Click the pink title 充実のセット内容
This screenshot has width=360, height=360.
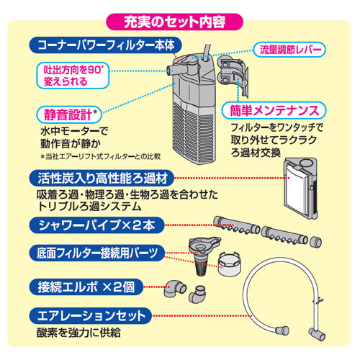pos(174,22)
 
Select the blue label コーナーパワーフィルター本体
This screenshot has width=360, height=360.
pos(106,45)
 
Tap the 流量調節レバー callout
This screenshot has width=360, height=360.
pos(289,50)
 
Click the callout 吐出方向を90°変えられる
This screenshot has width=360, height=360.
pos(73,76)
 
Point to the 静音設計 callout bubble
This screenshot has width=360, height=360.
pos(69,114)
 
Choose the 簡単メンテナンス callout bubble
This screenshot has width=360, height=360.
pos(274,111)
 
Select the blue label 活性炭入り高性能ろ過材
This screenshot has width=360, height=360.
pos(102,179)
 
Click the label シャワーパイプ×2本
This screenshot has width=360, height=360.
pos(96,225)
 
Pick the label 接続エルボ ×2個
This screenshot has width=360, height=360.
pos(86,287)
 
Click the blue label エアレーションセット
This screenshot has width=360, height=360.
pos(91,315)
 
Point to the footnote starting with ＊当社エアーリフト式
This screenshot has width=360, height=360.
pos(101,157)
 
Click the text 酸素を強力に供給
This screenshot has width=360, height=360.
pos(78,333)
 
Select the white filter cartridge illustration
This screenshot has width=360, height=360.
pos(300,189)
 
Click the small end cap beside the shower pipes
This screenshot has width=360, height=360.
pos(315,242)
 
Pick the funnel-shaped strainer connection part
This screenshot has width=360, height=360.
pos(204,255)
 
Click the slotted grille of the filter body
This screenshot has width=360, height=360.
pos(194,135)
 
